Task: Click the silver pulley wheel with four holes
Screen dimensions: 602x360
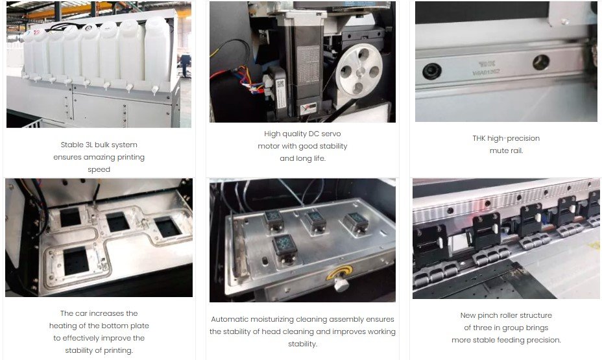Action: point(359,71)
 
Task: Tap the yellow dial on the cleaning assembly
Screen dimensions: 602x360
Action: point(339,273)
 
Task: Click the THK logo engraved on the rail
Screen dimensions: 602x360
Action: point(487,64)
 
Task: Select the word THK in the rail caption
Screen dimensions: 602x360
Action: point(479,138)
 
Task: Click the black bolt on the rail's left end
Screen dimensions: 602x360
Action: point(432,71)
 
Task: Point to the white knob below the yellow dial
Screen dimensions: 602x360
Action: point(341,284)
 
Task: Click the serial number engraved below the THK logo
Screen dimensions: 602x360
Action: point(486,72)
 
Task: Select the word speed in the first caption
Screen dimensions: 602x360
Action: point(99,170)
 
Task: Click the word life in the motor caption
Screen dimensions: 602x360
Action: point(319,158)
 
